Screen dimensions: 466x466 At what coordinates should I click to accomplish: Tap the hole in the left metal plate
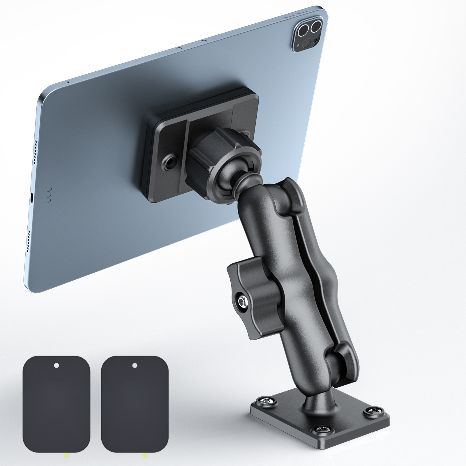coord(57,365)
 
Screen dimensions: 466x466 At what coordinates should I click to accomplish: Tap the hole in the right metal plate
coord(134,365)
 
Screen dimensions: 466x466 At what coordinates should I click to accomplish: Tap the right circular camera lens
coord(315,28)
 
